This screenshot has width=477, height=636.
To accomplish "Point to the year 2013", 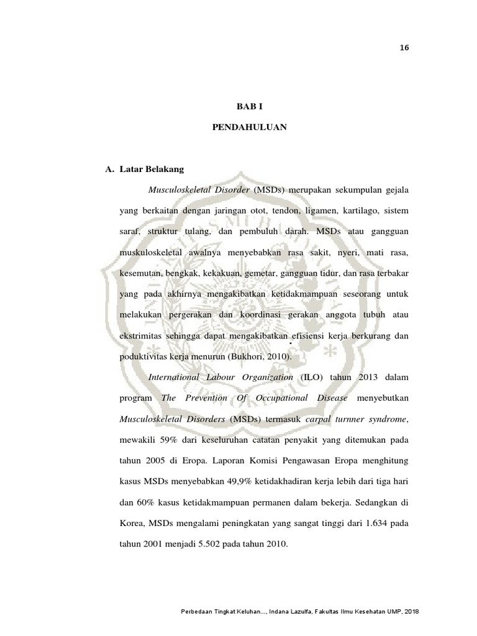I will point(360,377).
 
